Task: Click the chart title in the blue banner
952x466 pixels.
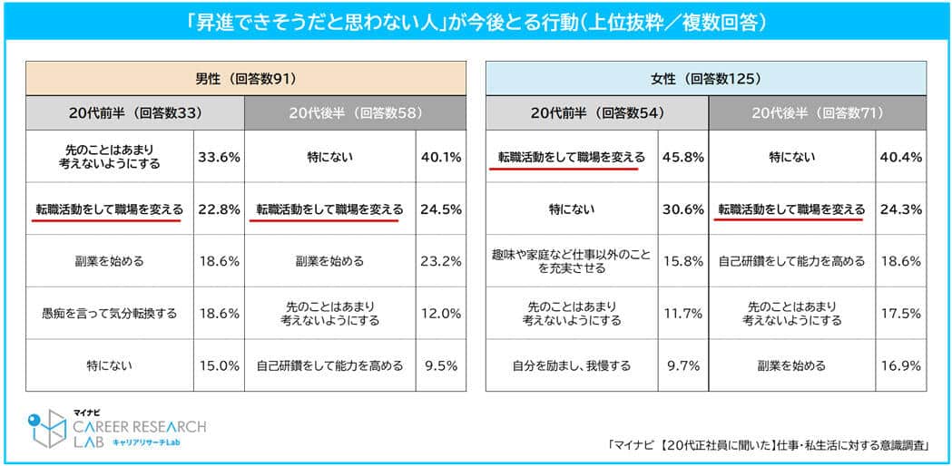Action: (x=476, y=21)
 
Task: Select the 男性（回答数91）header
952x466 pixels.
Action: (x=246, y=78)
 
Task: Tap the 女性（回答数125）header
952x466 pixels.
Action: (x=706, y=78)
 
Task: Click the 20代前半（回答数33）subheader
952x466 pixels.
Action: (x=134, y=113)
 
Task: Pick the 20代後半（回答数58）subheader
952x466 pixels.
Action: (x=355, y=113)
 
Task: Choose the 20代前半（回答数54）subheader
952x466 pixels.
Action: (x=596, y=113)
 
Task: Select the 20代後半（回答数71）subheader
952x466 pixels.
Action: (x=817, y=113)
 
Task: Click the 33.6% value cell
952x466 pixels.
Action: (x=219, y=157)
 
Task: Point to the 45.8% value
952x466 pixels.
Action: (x=683, y=157)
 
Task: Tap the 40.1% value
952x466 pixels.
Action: (x=441, y=157)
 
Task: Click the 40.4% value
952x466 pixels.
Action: (x=901, y=157)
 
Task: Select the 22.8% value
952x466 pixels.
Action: (x=219, y=209)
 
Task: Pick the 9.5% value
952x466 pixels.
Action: (x=441, y=365)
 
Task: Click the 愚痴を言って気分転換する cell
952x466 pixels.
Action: (x=109, y=314)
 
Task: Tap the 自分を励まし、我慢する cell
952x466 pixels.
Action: (x=572, y=365)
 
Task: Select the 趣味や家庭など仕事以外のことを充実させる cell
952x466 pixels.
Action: (x=572, y=261)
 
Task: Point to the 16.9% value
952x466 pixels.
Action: (x=901, y=365)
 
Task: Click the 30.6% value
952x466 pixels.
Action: (x=683, y=209)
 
